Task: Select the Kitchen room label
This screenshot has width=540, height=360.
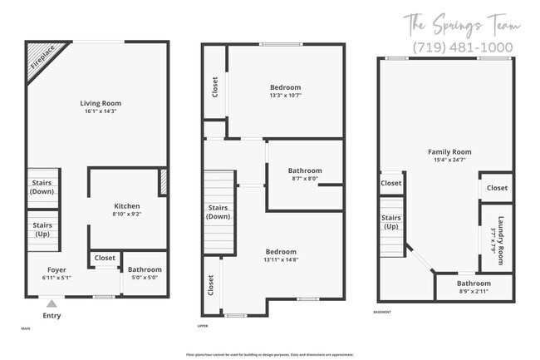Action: pyautogui.click(x=127, y=206)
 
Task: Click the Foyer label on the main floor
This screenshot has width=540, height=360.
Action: pyautogui.click(x=56, y=270)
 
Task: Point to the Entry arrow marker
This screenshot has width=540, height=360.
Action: pyautogui.click(x=52, y=304)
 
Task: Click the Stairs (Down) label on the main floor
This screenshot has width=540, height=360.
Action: pyautogui.click(x=42, y=187)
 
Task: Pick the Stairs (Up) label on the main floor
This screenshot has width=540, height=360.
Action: pyautogui.click(x=42, y=229)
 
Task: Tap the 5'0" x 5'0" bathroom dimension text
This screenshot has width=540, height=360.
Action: pyautogui.click(x=145, y=278)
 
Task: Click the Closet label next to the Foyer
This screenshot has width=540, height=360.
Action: pyautogui.click(x=105, y=259)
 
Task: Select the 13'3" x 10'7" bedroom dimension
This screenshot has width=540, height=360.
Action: pyautogui.click(x=285, y=95)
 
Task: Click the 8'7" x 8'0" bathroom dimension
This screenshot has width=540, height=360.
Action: pyautogui.click(x=305, y=178)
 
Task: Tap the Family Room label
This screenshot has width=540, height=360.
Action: pyautogui.click(x=449, y=152)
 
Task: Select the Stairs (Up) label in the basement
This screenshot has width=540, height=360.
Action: pyautogui.click(x=391, y=222)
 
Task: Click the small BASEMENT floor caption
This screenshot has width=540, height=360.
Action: pyautogui.click(x=383, y=312)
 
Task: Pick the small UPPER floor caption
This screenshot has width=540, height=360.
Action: pyautogui.click(x=203, y=326)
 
